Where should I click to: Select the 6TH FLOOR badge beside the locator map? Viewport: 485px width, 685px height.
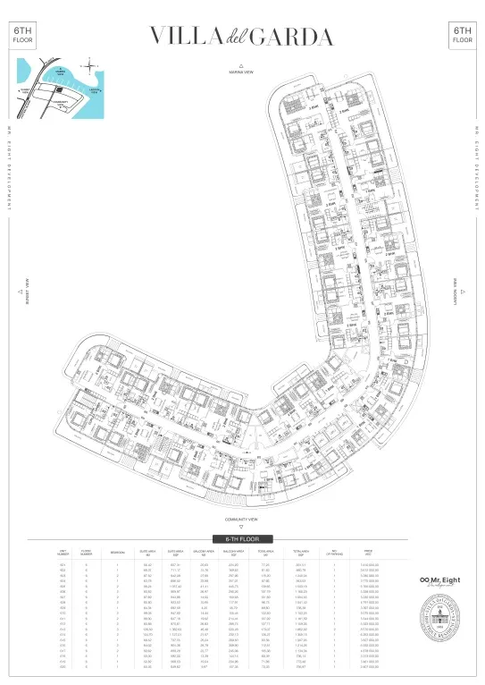pos(21,36)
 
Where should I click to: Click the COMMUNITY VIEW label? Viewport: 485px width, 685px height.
pos(242,520)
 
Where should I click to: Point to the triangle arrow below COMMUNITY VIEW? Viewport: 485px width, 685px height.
pos(242,528)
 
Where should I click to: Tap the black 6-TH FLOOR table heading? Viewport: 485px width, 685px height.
pos(242,540)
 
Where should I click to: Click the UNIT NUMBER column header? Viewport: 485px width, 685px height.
pos(63,553)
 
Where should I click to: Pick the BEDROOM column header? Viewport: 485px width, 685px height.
pos(118,553)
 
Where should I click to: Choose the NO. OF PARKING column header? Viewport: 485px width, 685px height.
pos(336,553)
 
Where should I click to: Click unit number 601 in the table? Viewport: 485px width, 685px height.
pos(63,565)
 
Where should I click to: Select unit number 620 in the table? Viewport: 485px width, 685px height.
pos(63,666)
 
